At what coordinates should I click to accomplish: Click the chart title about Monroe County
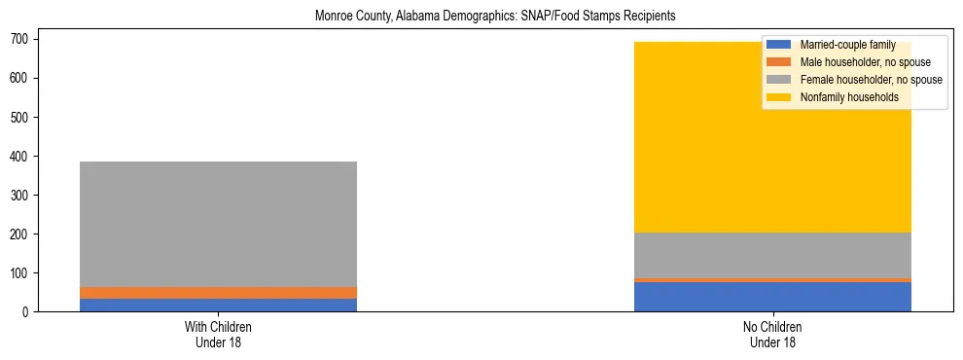point(495,17)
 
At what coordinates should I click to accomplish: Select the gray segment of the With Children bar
point(218,224)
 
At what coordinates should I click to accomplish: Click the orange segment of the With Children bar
point(218,293)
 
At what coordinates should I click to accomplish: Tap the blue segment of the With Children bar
point(218,305)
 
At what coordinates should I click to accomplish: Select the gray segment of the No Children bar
point(772,255)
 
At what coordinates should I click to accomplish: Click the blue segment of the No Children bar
point(772,297)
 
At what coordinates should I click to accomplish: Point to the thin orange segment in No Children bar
point(772,280)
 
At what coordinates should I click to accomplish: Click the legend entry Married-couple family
point(847,45)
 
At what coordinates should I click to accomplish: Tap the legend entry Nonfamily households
point(848,97)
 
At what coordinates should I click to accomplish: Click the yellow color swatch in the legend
point(779,97)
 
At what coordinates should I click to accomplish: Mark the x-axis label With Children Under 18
point(218,335)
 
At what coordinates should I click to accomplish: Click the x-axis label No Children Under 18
point(772,335)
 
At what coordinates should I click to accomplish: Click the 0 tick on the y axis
point(28,311)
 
